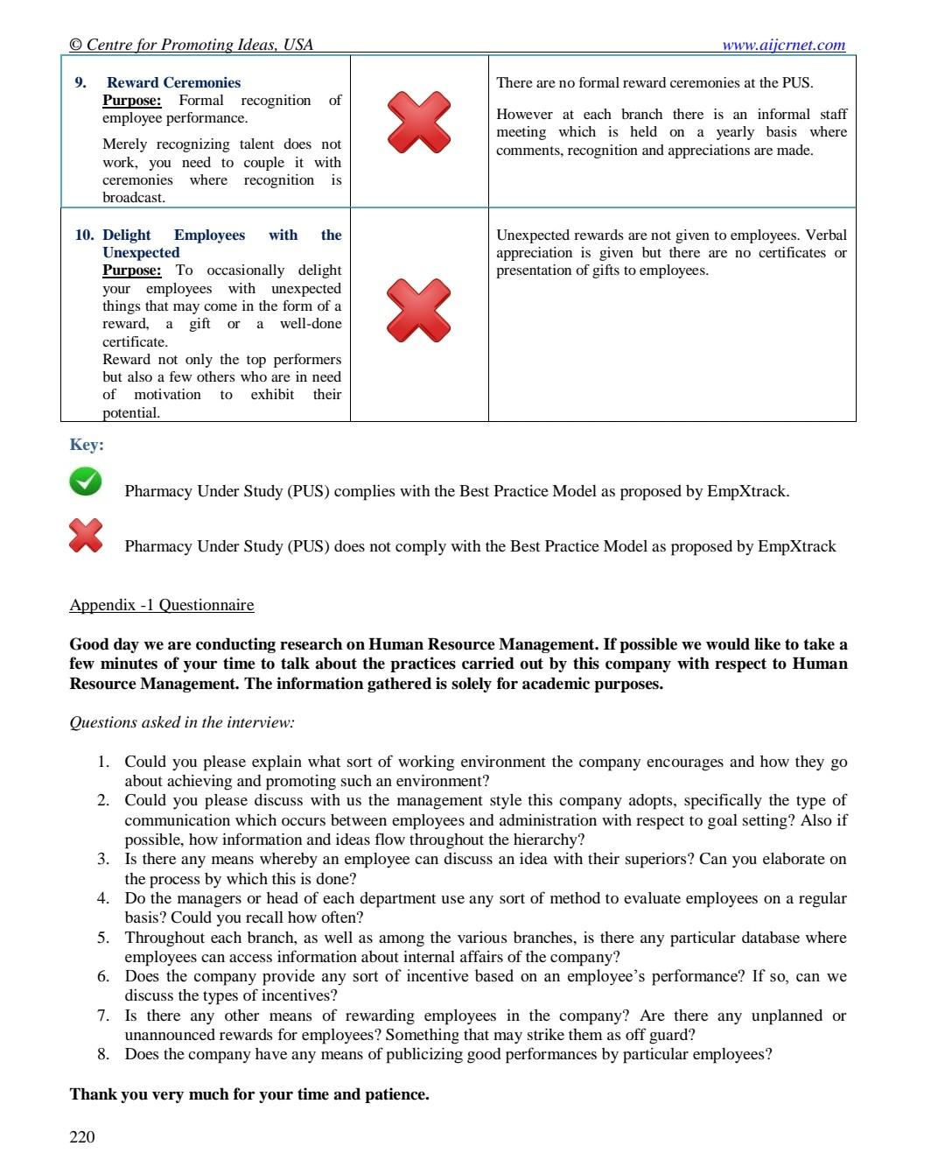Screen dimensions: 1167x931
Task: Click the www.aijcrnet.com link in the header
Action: [x=783, y=45]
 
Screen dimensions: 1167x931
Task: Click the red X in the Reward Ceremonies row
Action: [x=418, y=122]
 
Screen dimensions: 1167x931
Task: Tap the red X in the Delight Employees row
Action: [x=418, y=310]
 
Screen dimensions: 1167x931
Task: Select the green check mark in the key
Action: [x=86, y=481]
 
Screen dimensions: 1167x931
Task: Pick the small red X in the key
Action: [x=86, y=536]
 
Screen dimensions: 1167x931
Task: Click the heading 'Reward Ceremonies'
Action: [x=173, y=82]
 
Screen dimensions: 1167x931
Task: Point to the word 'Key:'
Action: [x=87, y=445]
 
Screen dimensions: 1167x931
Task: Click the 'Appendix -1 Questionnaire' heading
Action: [x=162, y=605]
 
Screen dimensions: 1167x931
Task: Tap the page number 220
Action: [x=82, y=1136]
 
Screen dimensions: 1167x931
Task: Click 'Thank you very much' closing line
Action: [x=249, y=1094]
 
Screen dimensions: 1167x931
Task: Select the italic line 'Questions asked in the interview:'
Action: [x=182, y=722]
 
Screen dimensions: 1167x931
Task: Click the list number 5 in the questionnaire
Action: [x=103, y=938]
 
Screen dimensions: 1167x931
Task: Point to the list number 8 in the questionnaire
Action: [x=103, y=1054]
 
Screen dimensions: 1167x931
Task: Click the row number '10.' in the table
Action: [x=85, y=235]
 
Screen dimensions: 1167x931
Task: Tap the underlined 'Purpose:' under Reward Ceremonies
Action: [x=131, y=101]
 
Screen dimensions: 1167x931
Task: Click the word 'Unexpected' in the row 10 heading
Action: [x=141, y=252]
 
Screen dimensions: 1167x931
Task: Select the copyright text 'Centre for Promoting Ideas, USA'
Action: [x=192, y=45]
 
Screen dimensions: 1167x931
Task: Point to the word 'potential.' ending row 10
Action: [x=131, y=413]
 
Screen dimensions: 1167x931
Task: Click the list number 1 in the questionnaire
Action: [x=103, y=762]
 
